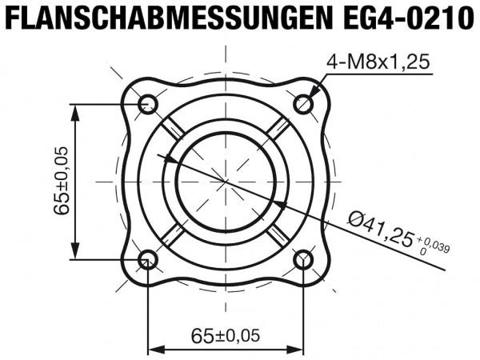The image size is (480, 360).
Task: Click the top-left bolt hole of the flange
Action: pos(147,103)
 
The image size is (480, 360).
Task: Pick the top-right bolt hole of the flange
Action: pos(304,103)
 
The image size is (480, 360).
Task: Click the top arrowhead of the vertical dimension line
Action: pos(77,111)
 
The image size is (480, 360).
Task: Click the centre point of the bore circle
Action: pos(226,182)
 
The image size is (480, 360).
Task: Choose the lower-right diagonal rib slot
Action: pos(278,233)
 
